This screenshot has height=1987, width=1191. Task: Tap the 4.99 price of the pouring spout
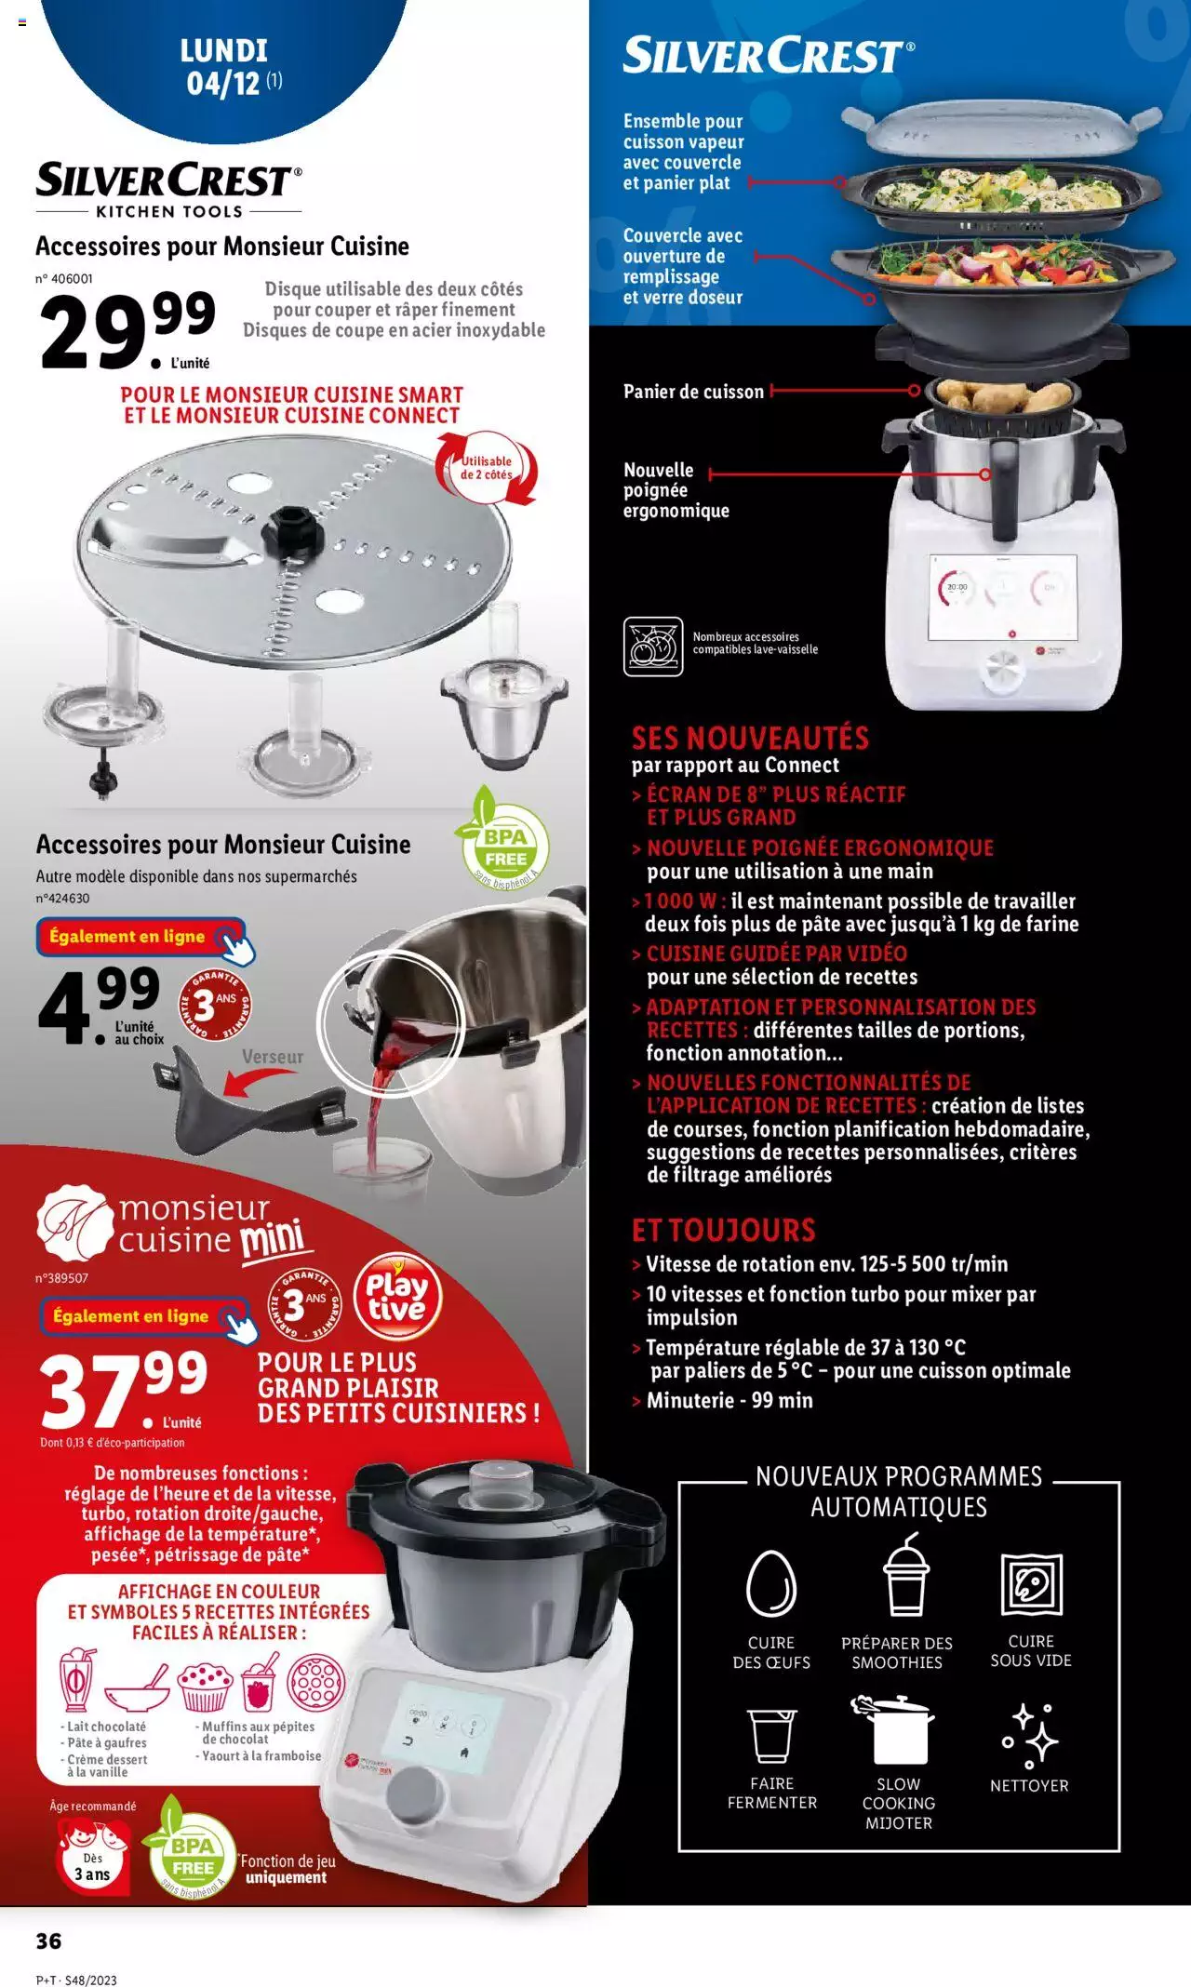[99, 1003]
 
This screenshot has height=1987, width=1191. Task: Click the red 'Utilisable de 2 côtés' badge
[487, 468]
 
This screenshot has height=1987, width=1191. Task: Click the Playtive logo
[396, 1296]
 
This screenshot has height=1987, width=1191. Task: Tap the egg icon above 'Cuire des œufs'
[771, 1582]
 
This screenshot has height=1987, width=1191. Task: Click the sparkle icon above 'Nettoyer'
[1029, 1735]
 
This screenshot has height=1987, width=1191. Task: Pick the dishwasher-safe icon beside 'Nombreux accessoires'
[653, 646]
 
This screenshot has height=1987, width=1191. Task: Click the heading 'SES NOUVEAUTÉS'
[750, 739]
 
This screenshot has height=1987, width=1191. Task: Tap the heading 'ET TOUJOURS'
[723, 1230]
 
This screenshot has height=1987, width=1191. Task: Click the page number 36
[48, 1940]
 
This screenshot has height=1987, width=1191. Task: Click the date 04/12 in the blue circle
[223, 84]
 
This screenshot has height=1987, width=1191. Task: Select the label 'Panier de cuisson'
[693, 392]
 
